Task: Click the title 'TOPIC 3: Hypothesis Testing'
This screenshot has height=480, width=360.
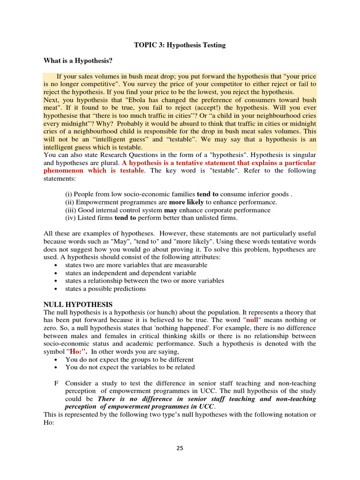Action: [x=180, y=45]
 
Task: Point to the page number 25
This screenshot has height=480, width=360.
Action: [x=180, y=448]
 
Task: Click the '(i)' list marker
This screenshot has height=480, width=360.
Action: [x=68, y=194]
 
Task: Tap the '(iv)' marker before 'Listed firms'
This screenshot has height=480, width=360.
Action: [x=69, y=218]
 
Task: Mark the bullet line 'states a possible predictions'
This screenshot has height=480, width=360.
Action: [x=105, y=289]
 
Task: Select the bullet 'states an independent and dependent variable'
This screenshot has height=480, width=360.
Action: [x=131, y=273]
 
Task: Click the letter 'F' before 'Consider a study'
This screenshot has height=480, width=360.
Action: [x=56, y=383]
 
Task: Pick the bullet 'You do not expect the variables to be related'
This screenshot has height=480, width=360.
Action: [x=130, y=367]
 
